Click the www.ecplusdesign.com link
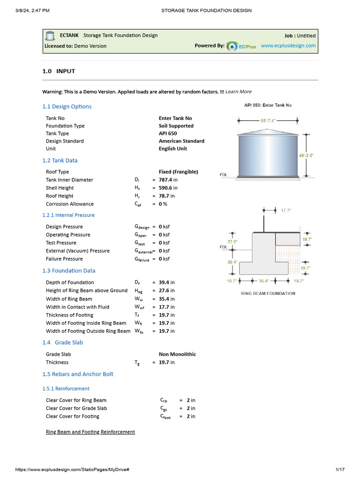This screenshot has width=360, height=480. [x=288, y=46]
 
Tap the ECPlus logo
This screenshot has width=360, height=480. [x=241, y=46]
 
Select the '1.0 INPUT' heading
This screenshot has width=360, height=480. [x=59, y=71]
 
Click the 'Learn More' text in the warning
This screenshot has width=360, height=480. [x=238, y=91]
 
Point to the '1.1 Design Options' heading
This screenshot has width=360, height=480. [x=67, y=106]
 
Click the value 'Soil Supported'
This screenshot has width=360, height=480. [x=176, y=126]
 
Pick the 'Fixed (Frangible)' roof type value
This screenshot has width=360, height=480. [x=178, y=172]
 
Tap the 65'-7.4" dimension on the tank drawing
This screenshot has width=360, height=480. [x=269, y=120]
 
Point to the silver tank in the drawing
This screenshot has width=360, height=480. [x=268, y=155]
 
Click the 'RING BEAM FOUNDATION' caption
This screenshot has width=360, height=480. [x=268, y=293]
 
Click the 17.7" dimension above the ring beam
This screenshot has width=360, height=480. [x=286, y=210]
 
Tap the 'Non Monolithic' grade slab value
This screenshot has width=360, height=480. [x=177, y=354]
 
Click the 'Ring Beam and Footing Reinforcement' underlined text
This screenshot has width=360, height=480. [x=90, y=432]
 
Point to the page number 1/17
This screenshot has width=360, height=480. [x=340, y=469]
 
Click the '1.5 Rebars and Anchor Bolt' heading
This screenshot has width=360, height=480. [x=78, y=374]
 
